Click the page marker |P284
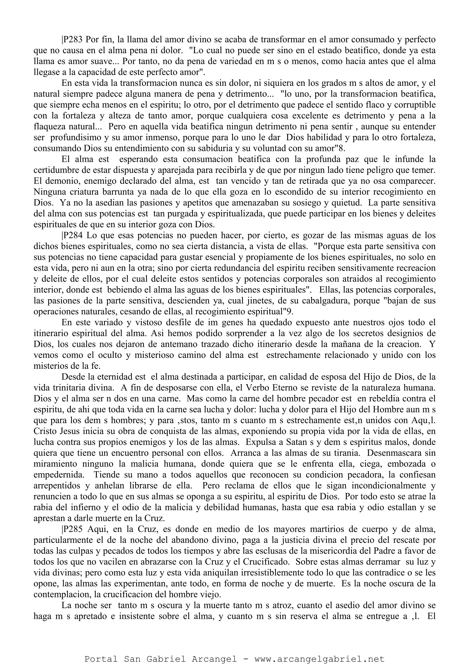[73, 235]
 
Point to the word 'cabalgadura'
[324, 301]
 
